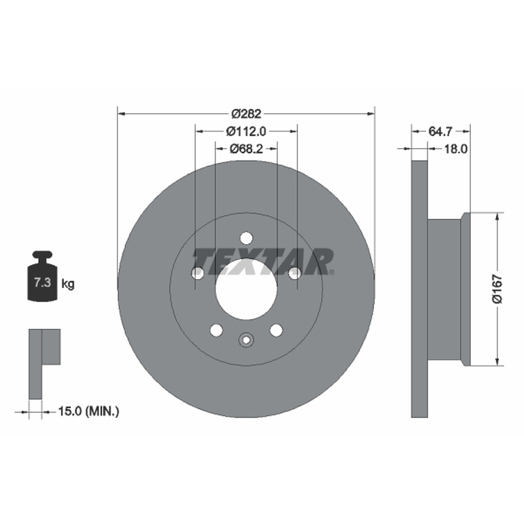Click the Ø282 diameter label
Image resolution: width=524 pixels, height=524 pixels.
coord(246,114)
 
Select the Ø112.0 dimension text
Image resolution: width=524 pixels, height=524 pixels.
coord(246,132)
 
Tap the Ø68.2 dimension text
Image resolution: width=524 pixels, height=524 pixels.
coord(246,149)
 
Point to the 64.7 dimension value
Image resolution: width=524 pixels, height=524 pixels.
coord(440,132)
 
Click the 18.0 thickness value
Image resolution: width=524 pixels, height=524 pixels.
coord(455,149)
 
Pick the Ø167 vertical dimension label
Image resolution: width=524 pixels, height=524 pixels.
coord(498,289)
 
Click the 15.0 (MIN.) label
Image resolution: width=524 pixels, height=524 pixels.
coord(88,411)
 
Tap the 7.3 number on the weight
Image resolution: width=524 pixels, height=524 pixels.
coord(43,283)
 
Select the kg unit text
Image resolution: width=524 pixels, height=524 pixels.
coord(68,284)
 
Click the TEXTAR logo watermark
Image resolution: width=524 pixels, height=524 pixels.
coord(263,261)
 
